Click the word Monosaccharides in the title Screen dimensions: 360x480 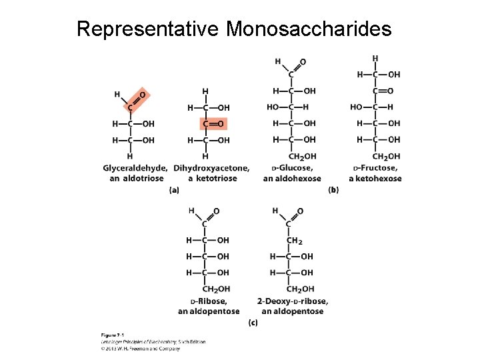(309, 29)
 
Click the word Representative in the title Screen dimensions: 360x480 (149, 29)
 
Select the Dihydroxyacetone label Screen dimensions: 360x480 (211, 168)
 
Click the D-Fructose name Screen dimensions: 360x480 (375, 168)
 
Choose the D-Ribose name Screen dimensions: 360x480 (209, 301)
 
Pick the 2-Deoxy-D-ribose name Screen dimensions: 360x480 (293, 301)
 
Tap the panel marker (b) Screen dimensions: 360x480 (333, 190)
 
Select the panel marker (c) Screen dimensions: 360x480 (253, 323)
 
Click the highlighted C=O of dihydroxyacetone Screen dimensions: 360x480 (213, 124)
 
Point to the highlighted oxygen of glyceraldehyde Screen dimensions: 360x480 (143, 95)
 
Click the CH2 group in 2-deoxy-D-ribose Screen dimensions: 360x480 (294, 241)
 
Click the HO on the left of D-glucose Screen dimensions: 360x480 (273, 107)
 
